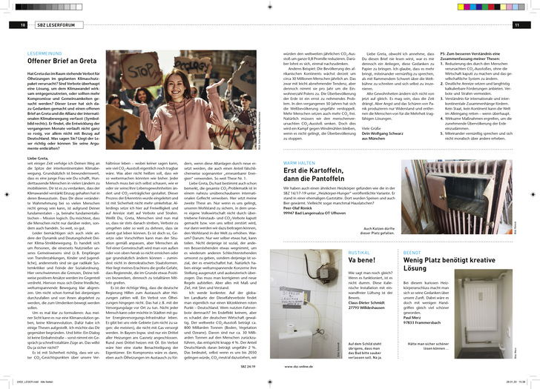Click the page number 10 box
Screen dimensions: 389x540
click(x=13, y=26)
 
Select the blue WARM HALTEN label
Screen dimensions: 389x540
click(x=300, y=162)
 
